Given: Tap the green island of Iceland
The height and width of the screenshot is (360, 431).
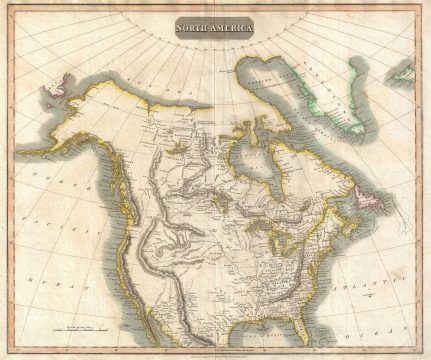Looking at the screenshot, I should coord(403,73).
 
